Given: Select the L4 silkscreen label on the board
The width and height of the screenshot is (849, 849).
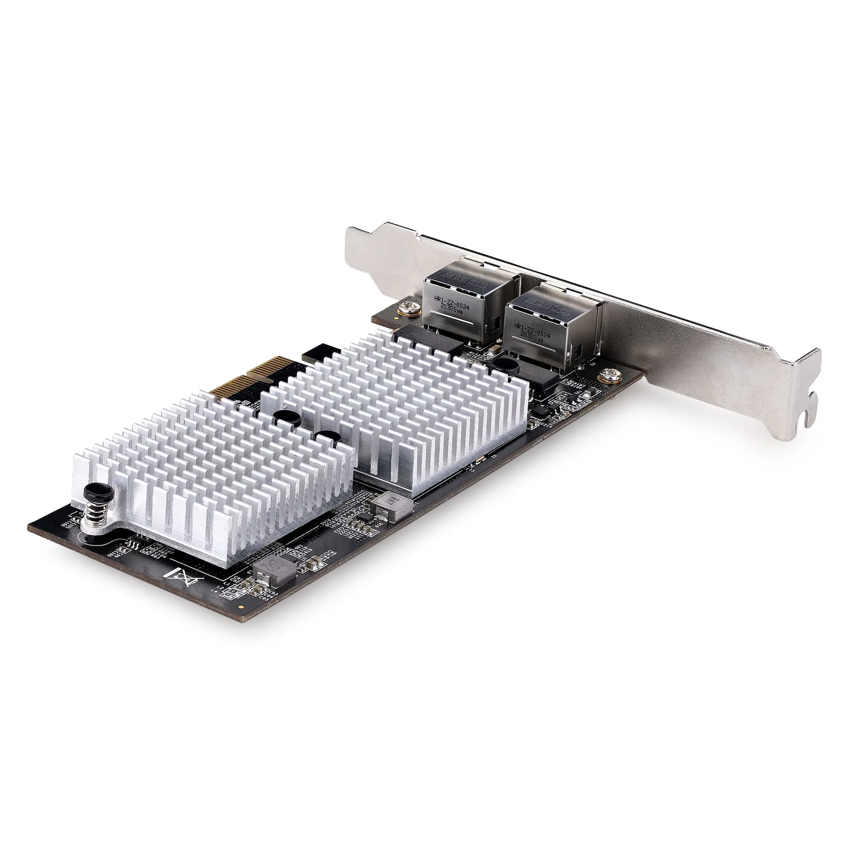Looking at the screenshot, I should pyautogui.click(x=215, y=592).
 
